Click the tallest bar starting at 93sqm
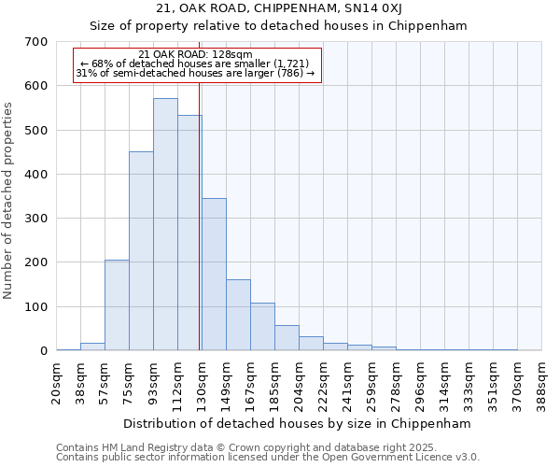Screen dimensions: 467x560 [x=165, y=224]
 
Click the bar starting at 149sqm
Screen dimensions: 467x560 [x=238, y=315]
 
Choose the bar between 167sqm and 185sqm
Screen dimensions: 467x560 [x=262, y=326]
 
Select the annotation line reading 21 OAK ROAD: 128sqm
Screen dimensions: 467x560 [x=194, y=55]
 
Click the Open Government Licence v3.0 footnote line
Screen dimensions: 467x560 [x=267, y=458]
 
